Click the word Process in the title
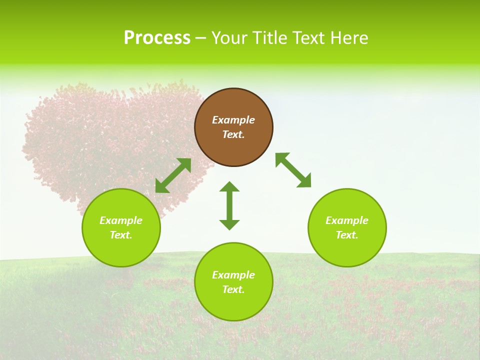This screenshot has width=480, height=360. [x=157, y=38]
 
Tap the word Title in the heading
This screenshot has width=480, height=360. [x=268, y=38]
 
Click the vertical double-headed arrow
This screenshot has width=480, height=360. [x=229, y=206]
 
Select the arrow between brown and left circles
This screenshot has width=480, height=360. [x=173, y=175]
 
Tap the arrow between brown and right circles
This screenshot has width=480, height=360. [x=293, y=170]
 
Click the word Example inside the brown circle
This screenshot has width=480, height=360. [x=233, y=120]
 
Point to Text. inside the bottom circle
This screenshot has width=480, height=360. [x=233, y=289]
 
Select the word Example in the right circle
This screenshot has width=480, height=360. [x=347, y=220]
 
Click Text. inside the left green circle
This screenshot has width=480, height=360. [x=121, y=235]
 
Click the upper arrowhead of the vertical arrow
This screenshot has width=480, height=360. [x=229, y=187]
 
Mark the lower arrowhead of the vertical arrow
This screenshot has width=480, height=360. [x=229, y=224]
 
